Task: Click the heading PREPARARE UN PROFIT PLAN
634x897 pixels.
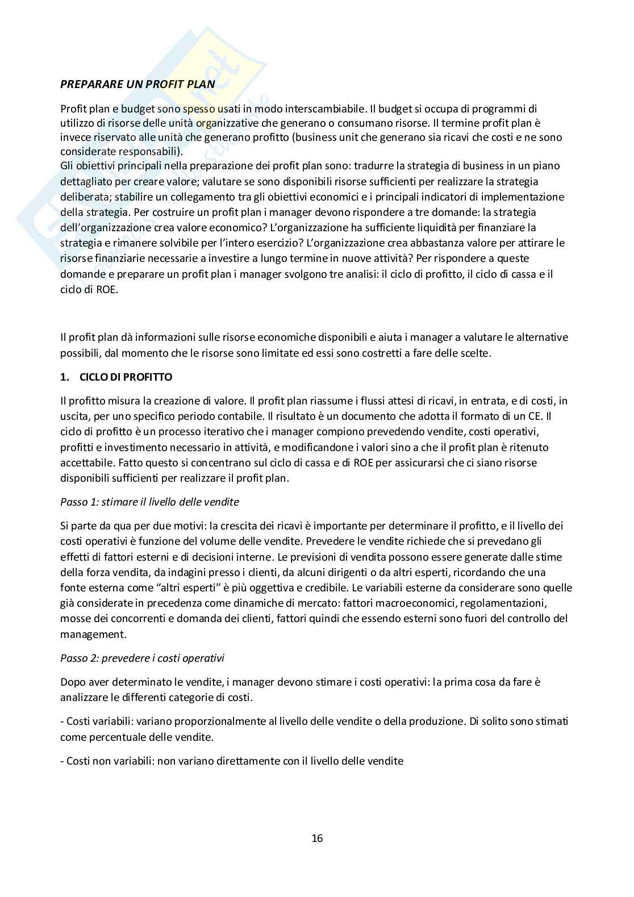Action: [137, 85]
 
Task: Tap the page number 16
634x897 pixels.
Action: [317, 838]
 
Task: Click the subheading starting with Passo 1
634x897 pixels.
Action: [149, 502]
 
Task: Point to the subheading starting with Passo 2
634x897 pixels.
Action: [142, 658]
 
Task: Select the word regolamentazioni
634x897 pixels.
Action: [515, 603]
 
